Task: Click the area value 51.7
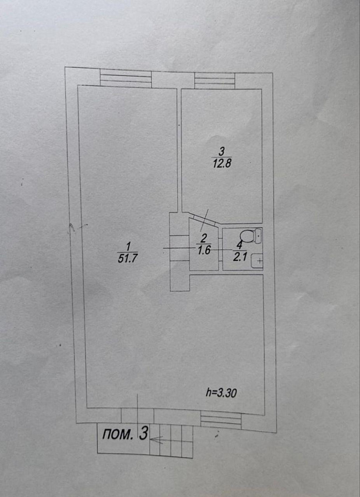(x=127, y=258)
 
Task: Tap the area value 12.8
(x=221, y=164)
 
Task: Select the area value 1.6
(x=204, y=250)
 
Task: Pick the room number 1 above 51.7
(x=128, y=247)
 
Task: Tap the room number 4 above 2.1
(x=240, y=245)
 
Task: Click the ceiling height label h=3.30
(x=221, y=393)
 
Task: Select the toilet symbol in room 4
(x=251, y=236)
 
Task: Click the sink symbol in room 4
(x=257, y=261)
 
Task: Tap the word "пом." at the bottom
(x=117, y=434)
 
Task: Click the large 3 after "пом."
(x=144, y=433)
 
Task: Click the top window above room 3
(x=215, y=81)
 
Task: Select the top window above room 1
(x=126, y=79)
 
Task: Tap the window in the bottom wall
(x=221, y=420)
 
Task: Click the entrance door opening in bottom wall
(x=137, y=416)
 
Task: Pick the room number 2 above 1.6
(x=204, y=238)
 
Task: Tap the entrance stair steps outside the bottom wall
(x=171, y=440)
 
